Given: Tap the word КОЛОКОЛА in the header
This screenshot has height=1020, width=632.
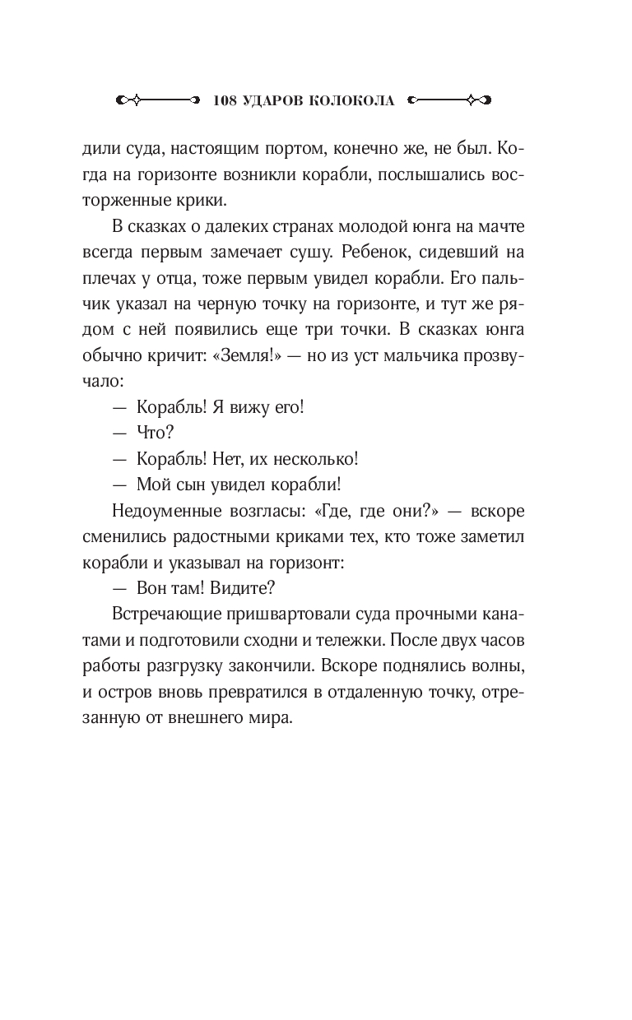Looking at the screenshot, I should pyautogui.click(x=352, y=100).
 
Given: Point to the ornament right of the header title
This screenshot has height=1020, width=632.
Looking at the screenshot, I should pyautogui.click(x=450, y=100).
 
